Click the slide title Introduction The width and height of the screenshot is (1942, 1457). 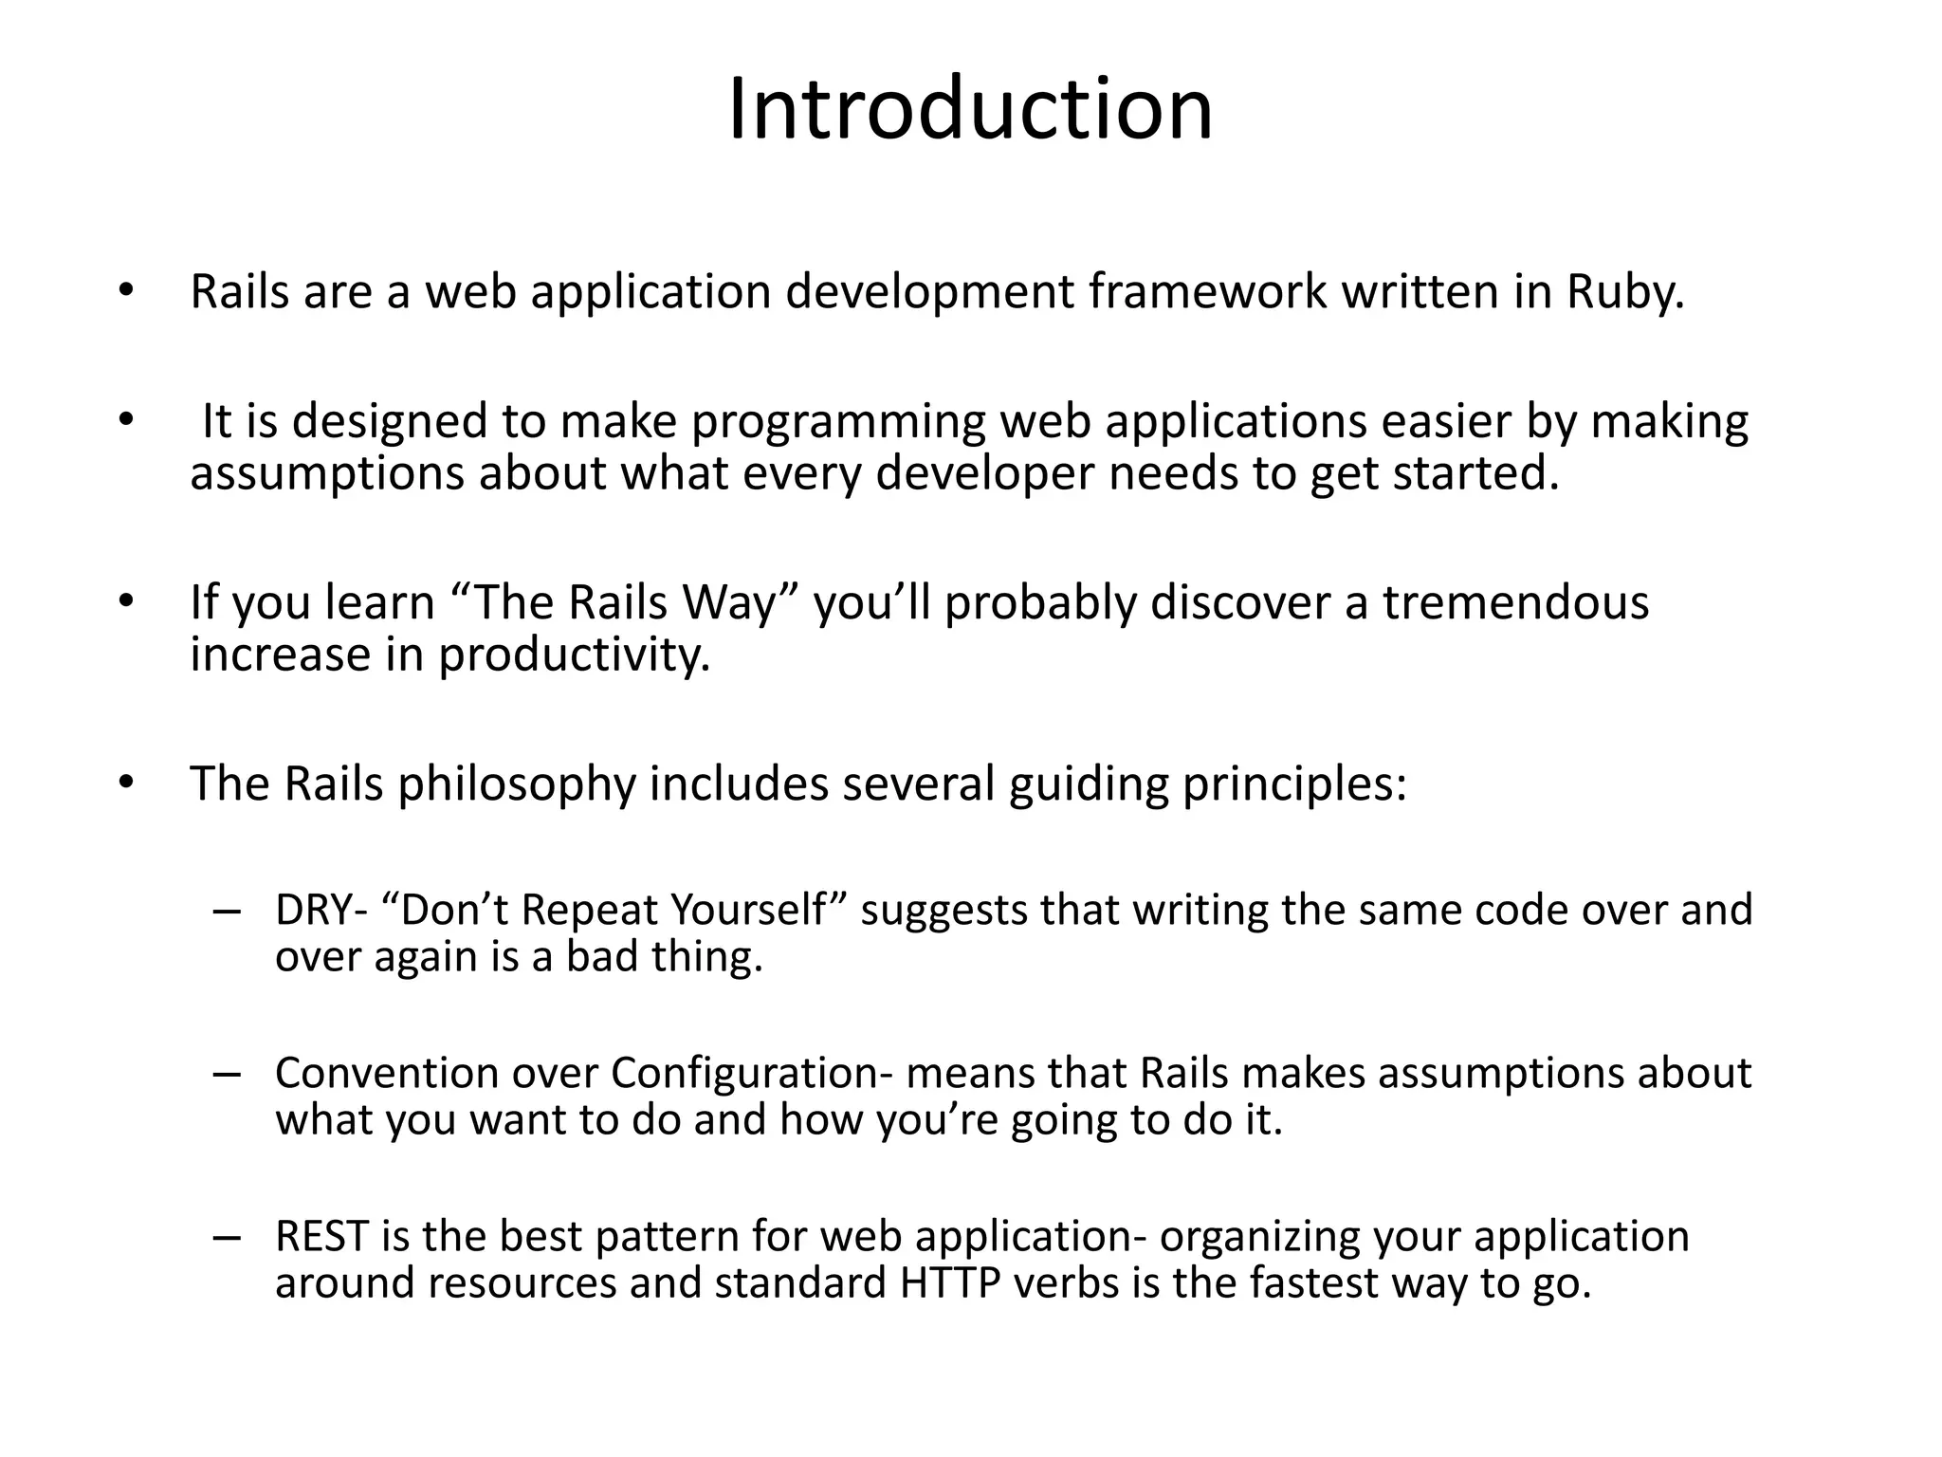pos(970,110)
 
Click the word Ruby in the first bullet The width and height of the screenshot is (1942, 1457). pos(1624,291)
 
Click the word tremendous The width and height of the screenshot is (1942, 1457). pos(1515,602)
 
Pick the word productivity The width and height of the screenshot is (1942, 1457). pos(574,655)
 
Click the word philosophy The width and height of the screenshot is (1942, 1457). pos(516,784)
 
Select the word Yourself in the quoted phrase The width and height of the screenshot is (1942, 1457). pos(749,910)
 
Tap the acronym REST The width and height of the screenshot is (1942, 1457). pos(321,1236)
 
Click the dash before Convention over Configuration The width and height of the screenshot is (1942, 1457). pos(228,1074)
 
